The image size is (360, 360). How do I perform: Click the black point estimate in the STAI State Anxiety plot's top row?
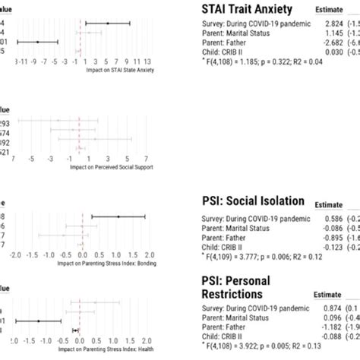pos(108,24)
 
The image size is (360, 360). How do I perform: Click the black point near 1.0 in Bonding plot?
pos(118,217)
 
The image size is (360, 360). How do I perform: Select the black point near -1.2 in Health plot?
pos(39,321)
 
